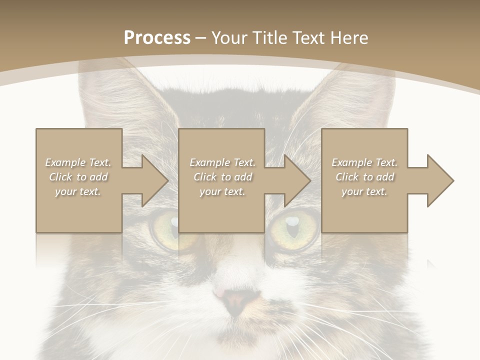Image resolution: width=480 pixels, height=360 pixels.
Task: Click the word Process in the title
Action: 157,38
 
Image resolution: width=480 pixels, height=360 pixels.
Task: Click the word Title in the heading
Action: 269,38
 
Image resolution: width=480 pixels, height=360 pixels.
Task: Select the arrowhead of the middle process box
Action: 297,180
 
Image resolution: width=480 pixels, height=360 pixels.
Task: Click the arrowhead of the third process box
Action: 439,180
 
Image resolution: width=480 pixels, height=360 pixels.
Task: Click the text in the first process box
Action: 78,177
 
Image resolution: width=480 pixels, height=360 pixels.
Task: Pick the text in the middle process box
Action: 222,177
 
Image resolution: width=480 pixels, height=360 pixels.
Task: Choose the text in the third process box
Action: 364,177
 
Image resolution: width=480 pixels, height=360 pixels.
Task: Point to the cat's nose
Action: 236,300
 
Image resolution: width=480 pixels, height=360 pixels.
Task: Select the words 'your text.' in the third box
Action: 364,191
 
